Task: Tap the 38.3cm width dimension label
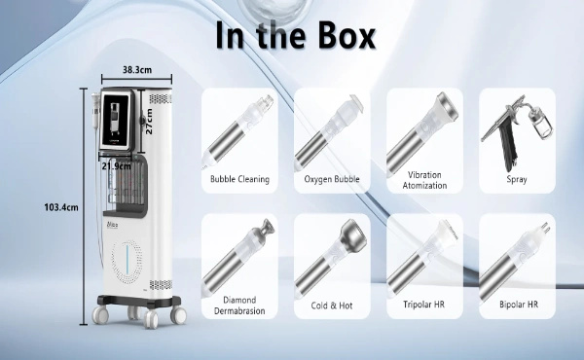tap(137, 70)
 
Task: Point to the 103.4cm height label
tap(61, 207)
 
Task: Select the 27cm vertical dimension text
tap(149, 121)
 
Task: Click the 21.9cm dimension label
tap(116, 166)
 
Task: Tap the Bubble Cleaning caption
tap(239, 179)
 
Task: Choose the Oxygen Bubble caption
tap(332, 179)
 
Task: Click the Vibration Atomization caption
tap(424, 180)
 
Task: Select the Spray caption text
tap(517, 179)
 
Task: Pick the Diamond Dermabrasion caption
tap(239, 306)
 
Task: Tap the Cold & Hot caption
tap(332, 306)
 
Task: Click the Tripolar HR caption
tap(423, 305)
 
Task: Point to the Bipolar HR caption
tap(519, 305)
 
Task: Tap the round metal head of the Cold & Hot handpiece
tap(354, 234)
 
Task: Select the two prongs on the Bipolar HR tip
tap(545, 228)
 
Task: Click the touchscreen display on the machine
tap(116, 118)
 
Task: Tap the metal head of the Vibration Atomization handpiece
tap(448, 106)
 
